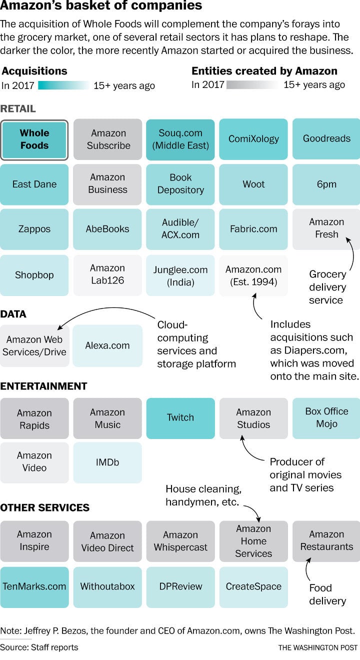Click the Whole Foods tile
34,139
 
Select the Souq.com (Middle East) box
180,139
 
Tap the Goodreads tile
326,139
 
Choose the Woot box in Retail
253,184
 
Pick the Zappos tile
34,229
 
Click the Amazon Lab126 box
107,275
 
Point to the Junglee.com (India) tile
180,275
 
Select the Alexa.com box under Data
107,345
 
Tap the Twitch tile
180,418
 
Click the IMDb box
107,462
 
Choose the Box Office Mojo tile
326,418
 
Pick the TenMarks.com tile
34,587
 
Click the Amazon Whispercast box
180,541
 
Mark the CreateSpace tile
253,587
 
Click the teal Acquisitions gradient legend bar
63,85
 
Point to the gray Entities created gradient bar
252,85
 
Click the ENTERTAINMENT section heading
43,386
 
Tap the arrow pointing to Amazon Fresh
352,253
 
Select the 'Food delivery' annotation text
327,594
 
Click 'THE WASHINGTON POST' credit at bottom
318,647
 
